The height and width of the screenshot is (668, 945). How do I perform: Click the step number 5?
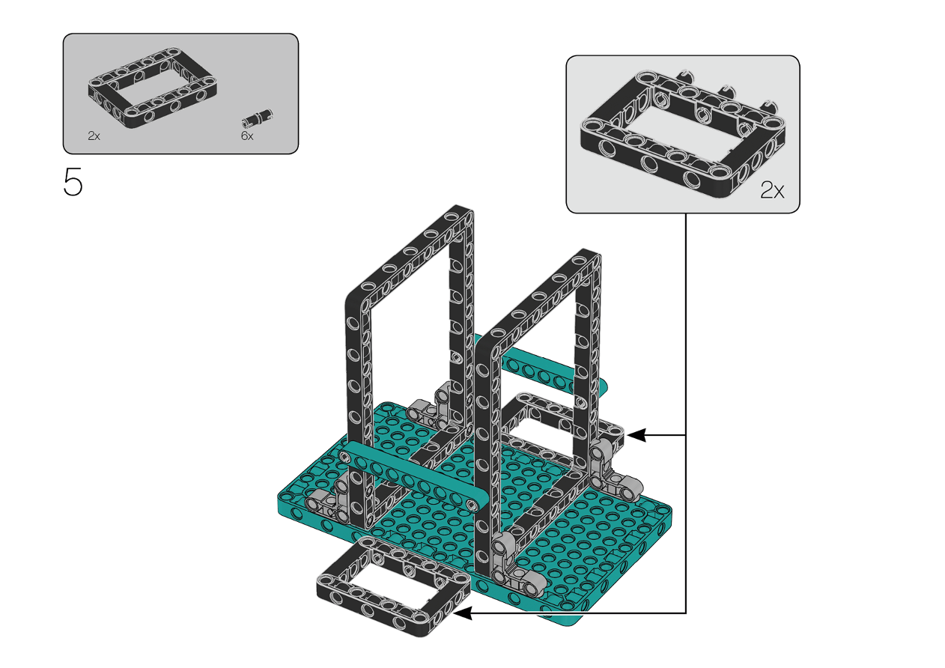pyautogui.click(x=73, y=182)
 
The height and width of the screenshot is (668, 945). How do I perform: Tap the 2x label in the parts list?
pyautogui.click(x=94, y=136)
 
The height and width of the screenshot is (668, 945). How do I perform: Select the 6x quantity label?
pyautogui.click(x=247, y=136)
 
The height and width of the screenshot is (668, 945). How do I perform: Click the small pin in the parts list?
pyautogui.click(x=258, y=118)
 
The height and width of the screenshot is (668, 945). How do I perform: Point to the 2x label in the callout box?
pyautogui.click(x=772, y=190)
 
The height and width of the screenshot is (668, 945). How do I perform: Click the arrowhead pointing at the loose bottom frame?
pyautogui.click(x=462, y=613)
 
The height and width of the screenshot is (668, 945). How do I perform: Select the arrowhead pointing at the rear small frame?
pyautogui.click(x=637, y=434)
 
